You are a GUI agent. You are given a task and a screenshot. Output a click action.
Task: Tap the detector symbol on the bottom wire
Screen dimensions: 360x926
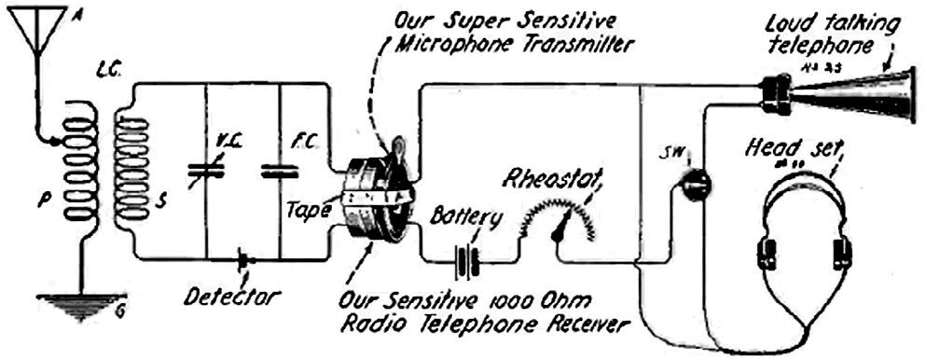tap(243, 256)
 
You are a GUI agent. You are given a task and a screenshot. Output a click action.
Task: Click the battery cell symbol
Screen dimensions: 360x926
tap(467, 262)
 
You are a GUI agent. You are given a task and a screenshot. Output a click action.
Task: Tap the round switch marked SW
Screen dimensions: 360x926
tap(693, 186)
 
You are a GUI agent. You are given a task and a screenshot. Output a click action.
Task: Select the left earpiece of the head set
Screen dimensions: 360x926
tap(769, 252)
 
